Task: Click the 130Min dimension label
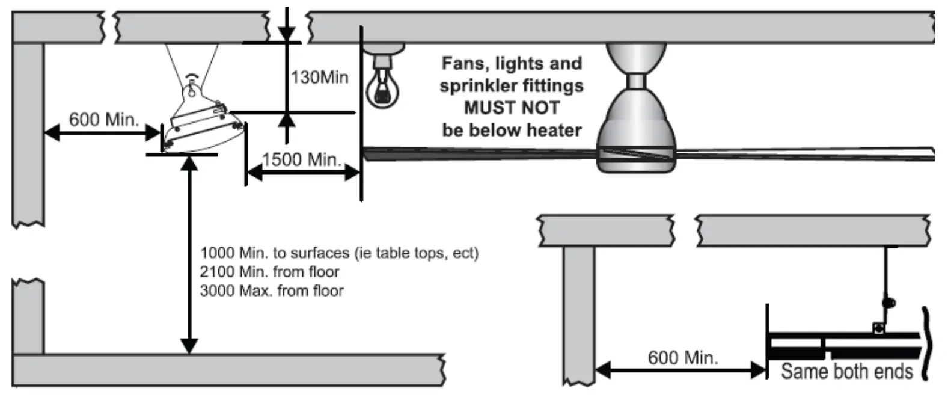319,78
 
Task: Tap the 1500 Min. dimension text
302,160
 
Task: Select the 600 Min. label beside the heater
103,119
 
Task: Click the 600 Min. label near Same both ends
682,358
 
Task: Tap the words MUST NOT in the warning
512,108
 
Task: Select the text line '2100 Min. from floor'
269,272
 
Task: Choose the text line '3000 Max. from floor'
272,291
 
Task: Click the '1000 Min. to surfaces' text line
339,253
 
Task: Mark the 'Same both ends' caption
846,371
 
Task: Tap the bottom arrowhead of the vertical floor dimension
189,346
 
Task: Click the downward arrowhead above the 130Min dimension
287,34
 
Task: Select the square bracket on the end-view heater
879,328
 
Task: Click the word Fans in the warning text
464,63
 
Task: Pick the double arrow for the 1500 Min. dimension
303,173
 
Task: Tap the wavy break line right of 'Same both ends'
927,344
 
